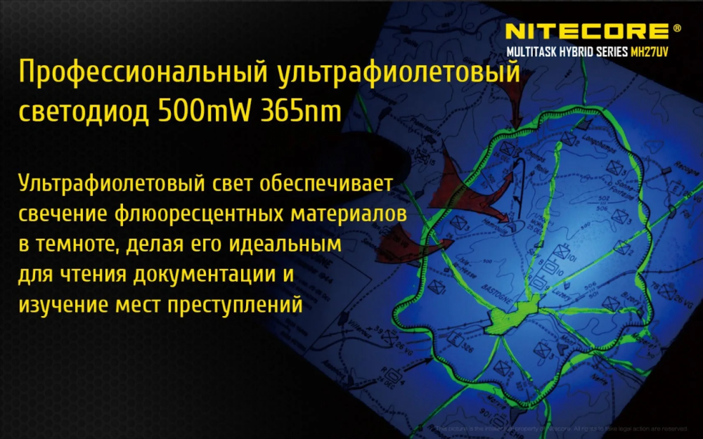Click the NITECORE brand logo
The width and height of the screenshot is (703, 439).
[x=587, y=31]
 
